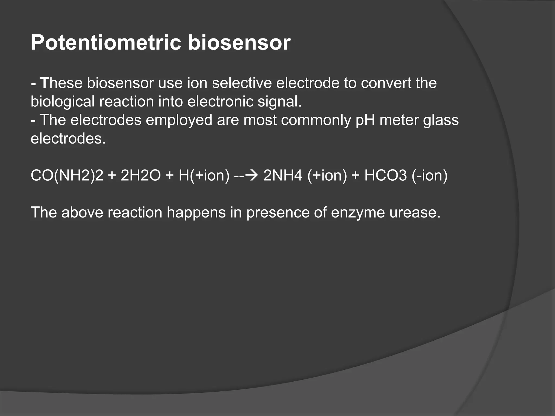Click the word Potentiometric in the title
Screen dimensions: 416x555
(x=106, y=43)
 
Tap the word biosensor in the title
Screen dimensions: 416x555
(x=239, y=43)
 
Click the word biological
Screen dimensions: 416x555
(x=62, y=102)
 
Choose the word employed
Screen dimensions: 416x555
(x=179, y=120)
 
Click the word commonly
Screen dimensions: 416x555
(x=316, y=120)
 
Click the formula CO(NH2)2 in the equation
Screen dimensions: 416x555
(x=67, y=175)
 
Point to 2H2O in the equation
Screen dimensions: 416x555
(x=141, y=175)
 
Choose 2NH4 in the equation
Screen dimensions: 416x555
(x=283, y=175)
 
